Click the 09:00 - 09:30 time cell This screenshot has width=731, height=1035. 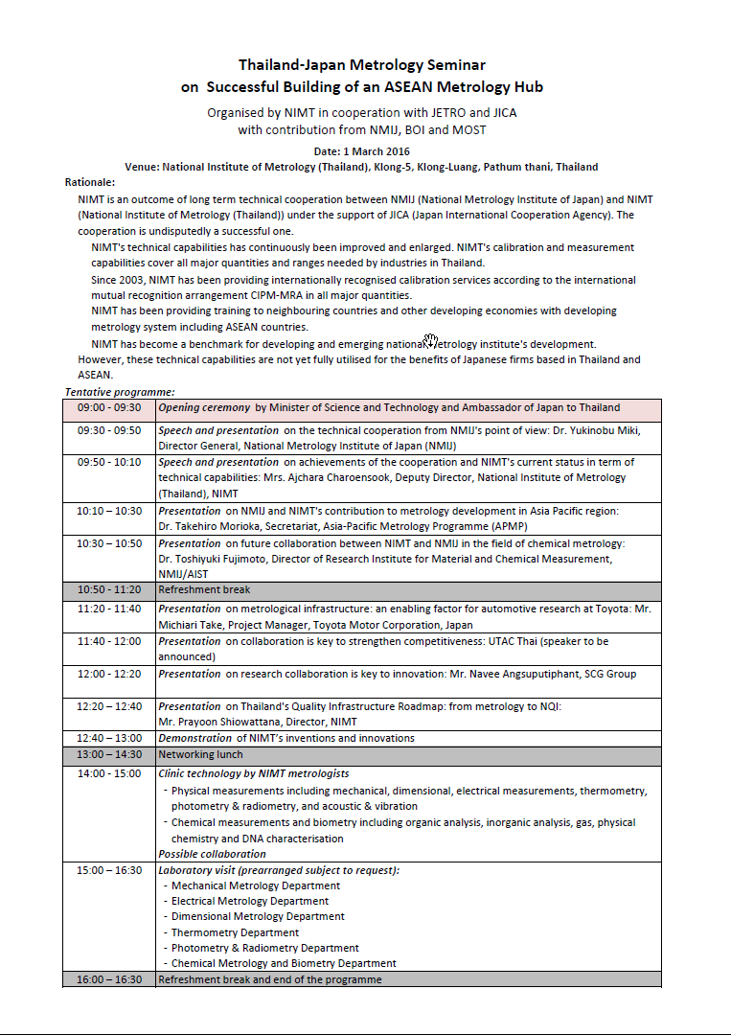coord(109,407)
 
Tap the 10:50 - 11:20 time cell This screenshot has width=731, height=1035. coord(109,590)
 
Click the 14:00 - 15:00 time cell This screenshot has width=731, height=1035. coord(109,773)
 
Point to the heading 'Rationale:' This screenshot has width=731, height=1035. coord(90,182)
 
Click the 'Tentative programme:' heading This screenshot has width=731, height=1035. coord(120,392)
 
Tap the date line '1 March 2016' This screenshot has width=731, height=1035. coord(362,151)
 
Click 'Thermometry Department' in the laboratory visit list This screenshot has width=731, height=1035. coord(235,932)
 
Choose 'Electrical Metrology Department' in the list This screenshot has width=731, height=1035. coord(250,901)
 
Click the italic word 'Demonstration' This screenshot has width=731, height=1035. coord(194,738)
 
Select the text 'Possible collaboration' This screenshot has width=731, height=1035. coord(212,854)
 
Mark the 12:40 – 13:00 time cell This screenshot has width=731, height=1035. coord(109,738)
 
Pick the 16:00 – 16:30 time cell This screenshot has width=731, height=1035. coord(109,979)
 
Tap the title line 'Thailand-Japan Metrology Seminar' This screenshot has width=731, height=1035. coord(362,65)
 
